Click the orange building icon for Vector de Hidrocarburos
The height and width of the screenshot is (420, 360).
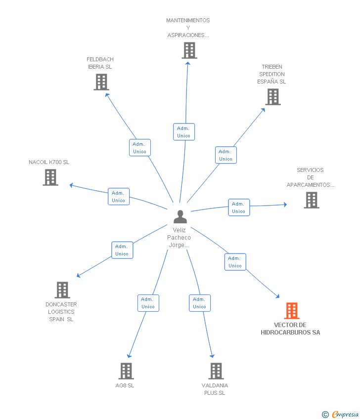tap(292, 311)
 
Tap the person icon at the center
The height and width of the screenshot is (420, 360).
tap(180, 216)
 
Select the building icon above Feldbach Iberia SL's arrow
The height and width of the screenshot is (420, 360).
tap(101, 82)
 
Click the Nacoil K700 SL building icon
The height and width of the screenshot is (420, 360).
tap(50, 177)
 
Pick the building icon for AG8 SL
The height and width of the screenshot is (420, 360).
tap(126, 371)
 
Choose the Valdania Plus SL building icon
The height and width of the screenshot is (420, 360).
tap(216, 371)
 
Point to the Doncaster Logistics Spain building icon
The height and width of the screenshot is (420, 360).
tap(62, 290)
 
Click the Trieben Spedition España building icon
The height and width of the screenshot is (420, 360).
tap(273, 97)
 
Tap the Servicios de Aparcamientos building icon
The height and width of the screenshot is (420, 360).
tap(312, 200)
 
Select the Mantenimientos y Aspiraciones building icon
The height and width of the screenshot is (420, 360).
tap(189, 50)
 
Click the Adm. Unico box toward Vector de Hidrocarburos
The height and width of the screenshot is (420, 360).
tap(235, 262)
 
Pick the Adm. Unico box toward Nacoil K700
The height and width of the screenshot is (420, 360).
tap(119, 197)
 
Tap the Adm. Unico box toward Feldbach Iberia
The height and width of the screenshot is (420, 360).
tap(140, 148)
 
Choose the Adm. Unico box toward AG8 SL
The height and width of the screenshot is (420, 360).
tap(148, 303)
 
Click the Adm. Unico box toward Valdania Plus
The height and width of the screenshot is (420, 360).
tap(200, 303)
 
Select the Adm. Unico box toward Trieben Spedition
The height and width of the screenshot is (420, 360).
tap(226, 155)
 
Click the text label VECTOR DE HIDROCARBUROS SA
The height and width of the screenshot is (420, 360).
tap(290, 329)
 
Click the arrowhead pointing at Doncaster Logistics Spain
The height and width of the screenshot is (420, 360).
tap(78, 276)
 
